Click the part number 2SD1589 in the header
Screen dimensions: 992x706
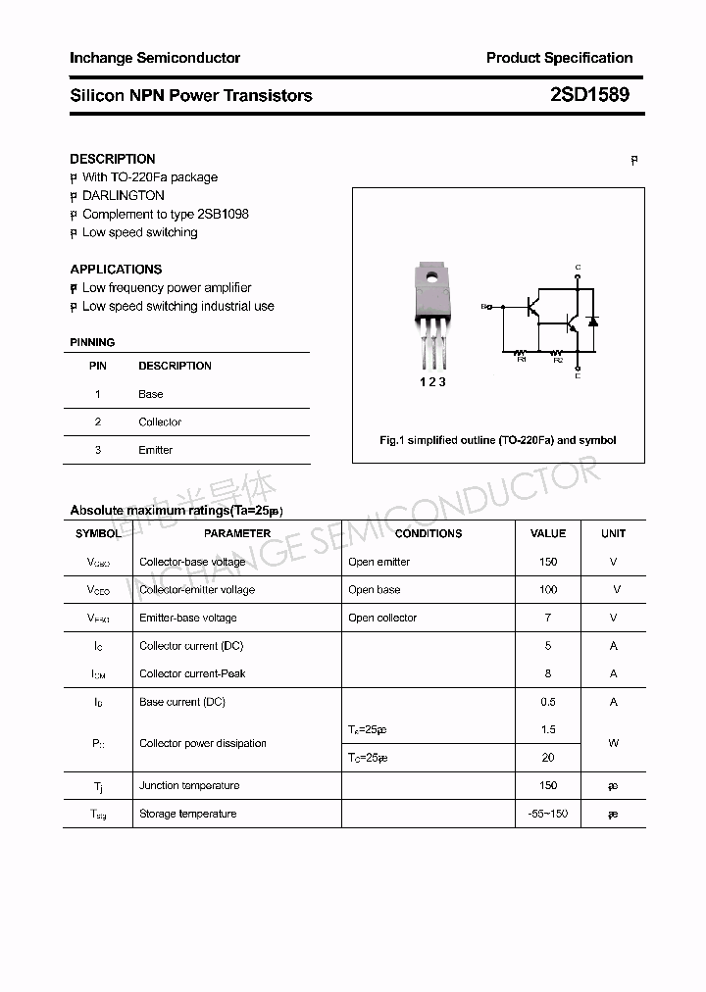point(588,95)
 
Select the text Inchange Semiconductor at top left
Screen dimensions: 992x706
point(155,58)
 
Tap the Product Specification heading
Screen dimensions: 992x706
point(559,58)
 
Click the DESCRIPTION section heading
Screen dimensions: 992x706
point(113,159)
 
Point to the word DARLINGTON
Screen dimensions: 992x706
point(124,195)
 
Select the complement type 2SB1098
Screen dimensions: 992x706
point(223,214)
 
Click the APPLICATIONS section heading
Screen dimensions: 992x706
point(116,269)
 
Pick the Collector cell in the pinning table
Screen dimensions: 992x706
point(160,422)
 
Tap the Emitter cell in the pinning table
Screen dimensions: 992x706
point(155,450)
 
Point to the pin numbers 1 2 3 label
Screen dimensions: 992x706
point(432,382)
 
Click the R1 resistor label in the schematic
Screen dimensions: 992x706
point(522,360)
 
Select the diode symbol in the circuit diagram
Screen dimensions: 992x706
point(591,321)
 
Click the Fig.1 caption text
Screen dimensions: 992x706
point(498,440)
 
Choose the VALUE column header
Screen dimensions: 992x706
point(548,533)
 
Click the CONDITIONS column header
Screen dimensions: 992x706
point(429,533)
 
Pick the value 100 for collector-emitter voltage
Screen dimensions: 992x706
point(548,589)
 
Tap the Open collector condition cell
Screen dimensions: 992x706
point(382,618)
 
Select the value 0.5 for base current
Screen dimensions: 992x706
point(548,702)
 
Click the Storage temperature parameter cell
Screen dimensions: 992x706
point(187,814)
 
